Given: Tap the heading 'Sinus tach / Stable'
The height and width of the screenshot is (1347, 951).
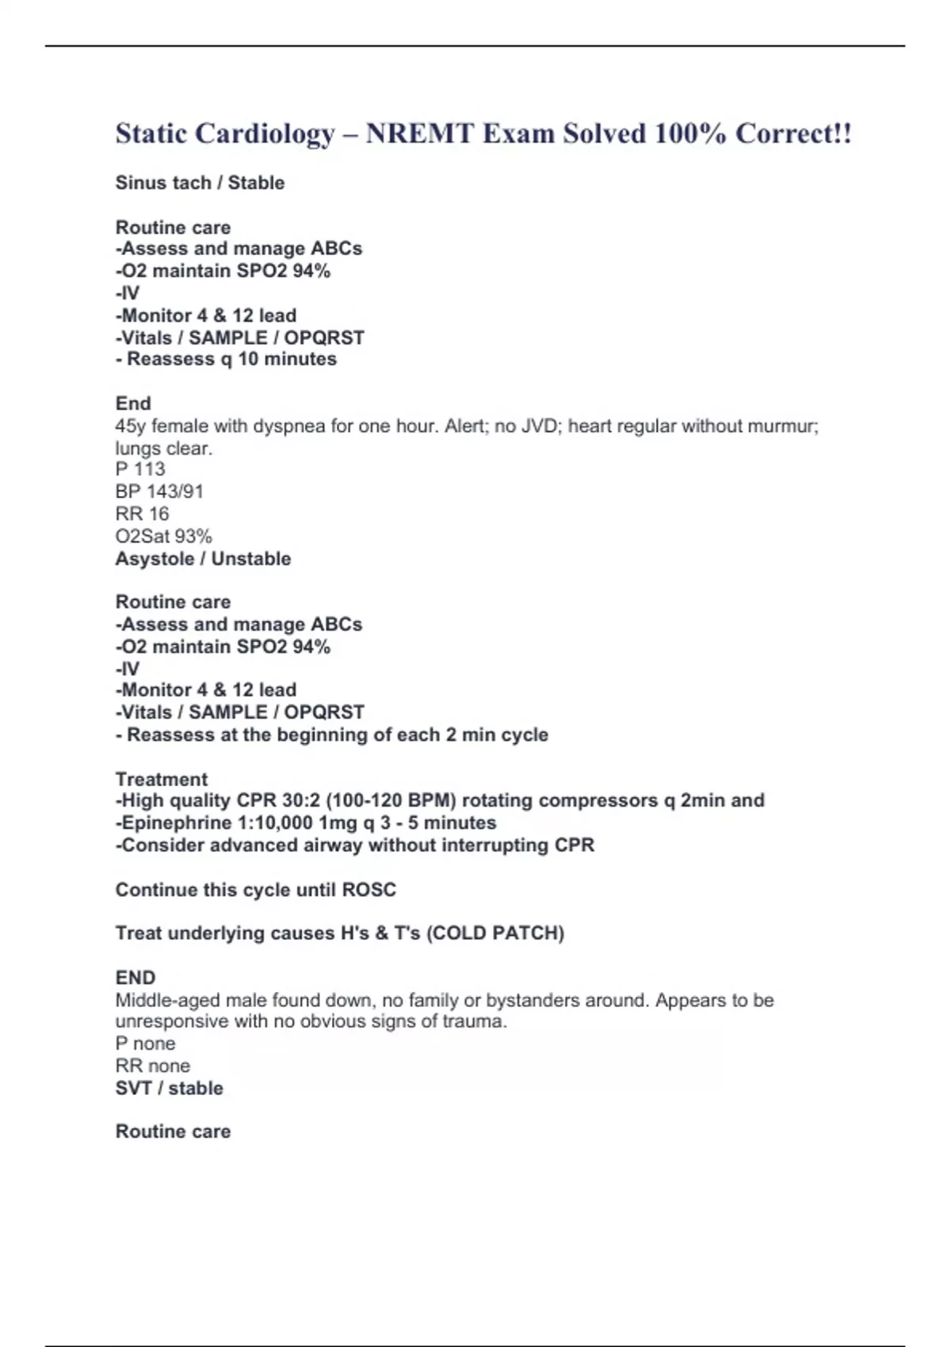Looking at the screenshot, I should tap(200, 183).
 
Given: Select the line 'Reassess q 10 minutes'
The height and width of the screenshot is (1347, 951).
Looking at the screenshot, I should tap(231, 360).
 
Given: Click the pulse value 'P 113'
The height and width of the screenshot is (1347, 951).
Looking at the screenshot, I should tap(140, 469).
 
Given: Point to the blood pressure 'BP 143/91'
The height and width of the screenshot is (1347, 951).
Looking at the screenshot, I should tap(159, 491).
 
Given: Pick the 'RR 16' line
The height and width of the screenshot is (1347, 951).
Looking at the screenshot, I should tap(142, 513).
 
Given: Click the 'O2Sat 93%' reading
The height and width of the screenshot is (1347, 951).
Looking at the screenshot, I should tap(163, 536).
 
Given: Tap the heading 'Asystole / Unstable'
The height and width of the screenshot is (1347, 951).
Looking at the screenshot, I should tap(203, 559).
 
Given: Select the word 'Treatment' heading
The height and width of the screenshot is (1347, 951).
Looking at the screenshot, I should tap(162, 779).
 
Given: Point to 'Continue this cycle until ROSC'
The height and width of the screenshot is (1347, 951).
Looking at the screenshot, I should tap(255, 890).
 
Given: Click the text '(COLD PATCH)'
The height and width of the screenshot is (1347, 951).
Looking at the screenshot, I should tap(495, 933).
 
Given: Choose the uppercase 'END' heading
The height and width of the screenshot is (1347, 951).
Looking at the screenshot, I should tap(136, 978).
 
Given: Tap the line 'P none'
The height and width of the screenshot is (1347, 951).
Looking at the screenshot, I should tap(145, 1044).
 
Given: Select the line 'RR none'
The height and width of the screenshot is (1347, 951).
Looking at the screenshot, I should tap(152, 1066).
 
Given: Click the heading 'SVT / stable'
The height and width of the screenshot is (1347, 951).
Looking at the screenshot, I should tap(169, 1088).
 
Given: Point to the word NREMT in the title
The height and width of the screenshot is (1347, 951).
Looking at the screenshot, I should tap(420, 134).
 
